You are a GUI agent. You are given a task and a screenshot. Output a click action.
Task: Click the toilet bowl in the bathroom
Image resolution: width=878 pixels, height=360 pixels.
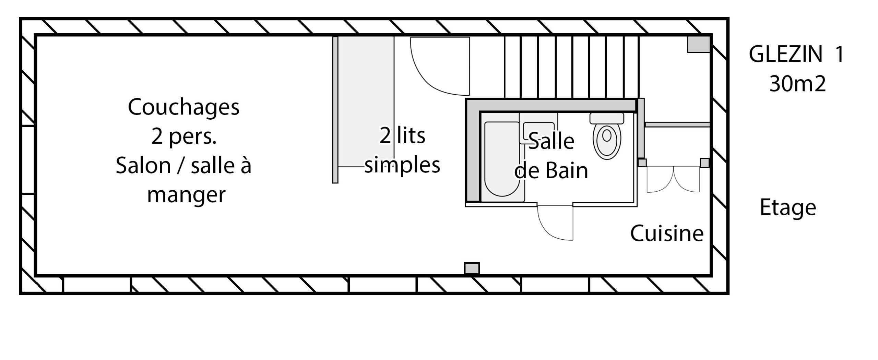coord(607,141)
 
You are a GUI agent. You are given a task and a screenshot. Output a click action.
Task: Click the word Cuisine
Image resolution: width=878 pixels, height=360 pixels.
coord(667,233)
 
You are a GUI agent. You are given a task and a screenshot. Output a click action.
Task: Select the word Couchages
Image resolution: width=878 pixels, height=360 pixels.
coord(183,108)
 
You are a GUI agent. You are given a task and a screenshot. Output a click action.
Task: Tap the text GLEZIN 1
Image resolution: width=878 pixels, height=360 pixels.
coord(796,54)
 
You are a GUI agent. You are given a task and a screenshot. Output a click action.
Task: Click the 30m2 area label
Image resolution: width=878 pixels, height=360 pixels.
coord(797,84)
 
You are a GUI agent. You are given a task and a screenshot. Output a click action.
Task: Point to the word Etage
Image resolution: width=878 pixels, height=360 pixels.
coord(788,208)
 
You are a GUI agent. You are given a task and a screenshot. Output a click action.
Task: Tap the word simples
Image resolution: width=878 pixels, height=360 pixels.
coord(402,165)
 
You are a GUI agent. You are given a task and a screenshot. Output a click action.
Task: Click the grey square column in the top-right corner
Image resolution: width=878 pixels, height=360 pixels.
coord(698,44)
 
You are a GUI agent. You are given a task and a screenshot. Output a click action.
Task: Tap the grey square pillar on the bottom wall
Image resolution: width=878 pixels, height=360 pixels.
coord(472,268)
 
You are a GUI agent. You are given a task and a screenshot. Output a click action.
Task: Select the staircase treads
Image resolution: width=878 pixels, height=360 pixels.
coord(572,67)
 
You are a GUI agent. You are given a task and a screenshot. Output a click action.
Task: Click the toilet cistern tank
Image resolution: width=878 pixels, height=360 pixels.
coord(607,118)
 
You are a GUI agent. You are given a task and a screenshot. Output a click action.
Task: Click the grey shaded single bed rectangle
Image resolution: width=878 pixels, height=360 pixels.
coord(366,101)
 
